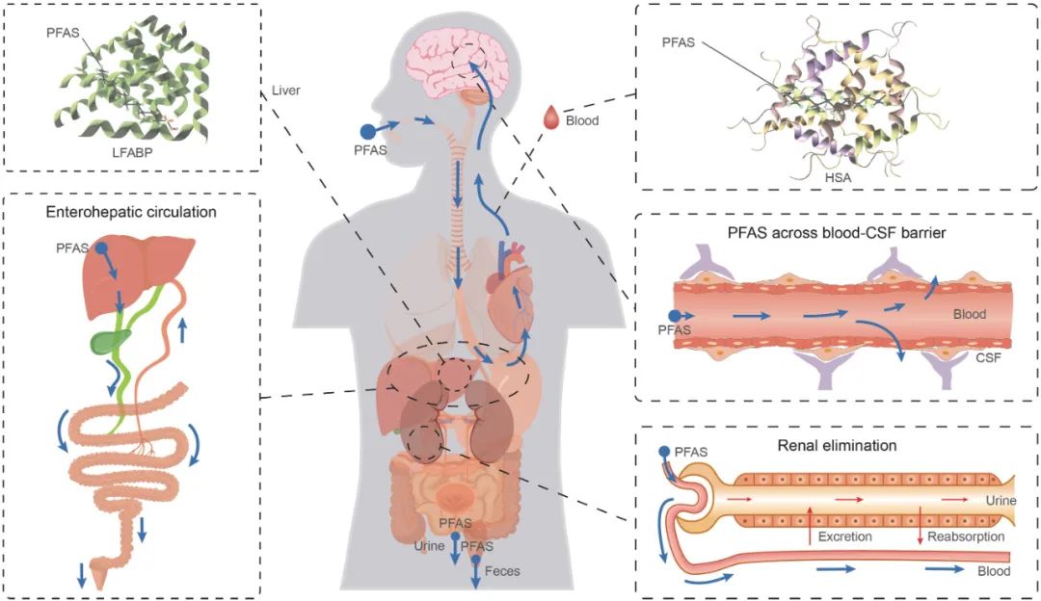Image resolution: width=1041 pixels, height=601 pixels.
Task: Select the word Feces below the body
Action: (x=502, y=571)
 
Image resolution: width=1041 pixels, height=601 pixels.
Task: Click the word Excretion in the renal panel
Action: (x=844, y=536)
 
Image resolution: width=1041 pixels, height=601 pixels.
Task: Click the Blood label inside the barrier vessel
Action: (x=970, y=314)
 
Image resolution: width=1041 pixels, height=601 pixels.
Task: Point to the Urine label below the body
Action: (x=429, y=546)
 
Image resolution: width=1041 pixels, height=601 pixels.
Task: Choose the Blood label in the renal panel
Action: (x=994, y=571)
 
